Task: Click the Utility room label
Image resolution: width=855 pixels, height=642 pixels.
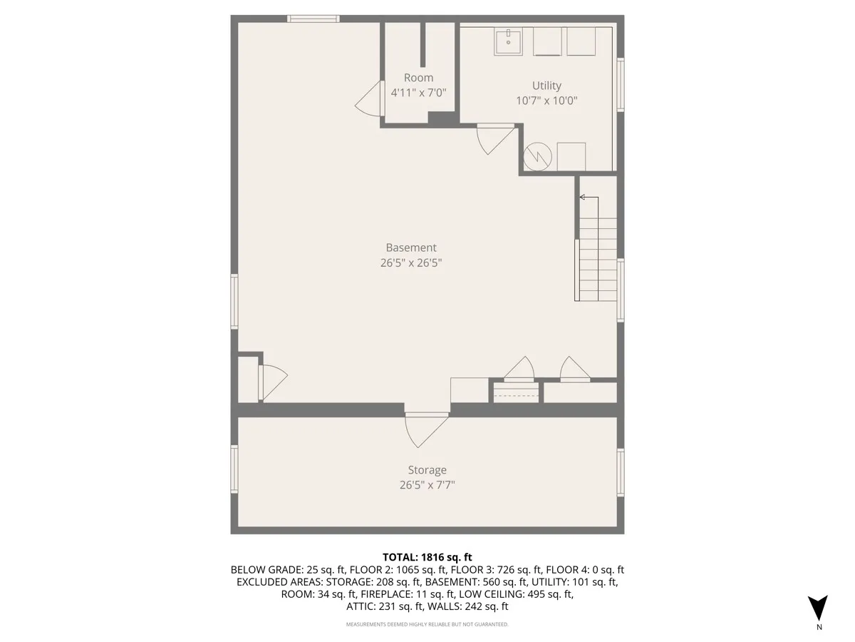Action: [x=546, y=86]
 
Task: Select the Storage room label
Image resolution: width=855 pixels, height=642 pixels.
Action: [x=427, y=469]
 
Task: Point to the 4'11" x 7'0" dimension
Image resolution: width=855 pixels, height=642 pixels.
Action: [x=418, y=93]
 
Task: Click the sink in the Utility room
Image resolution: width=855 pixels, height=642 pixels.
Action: [x=508, y=41]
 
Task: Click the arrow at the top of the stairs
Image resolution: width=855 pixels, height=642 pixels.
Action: [x=584, y=197]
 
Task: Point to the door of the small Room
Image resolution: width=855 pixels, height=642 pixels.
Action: [x=371, y=100]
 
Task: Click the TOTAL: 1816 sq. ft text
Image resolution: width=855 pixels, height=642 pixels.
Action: [x=427, y=557]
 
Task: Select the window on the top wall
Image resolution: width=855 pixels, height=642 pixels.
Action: [x=313, y=19]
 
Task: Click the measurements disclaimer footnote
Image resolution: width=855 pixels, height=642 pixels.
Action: [x=427, y=625]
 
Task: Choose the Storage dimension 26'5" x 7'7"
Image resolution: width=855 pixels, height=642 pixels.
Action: [x=427, y=485]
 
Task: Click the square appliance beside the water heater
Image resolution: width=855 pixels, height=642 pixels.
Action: [x=571, y=156]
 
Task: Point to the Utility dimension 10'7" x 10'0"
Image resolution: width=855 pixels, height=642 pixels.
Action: [x=546, y=101]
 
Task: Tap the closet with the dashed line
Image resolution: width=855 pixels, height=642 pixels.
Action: [x=515, y=393]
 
